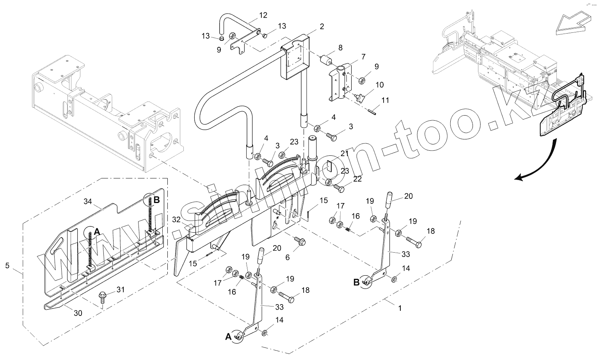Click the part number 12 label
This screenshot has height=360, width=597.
[263, 15]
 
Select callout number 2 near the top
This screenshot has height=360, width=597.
[322, 27]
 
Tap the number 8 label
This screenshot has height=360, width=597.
[340, 48]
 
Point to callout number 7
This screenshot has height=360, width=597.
[363, 57]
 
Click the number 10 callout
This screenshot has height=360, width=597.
[379, 85]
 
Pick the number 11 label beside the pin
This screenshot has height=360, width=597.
[385, 100]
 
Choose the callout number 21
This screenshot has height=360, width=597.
[344, 153]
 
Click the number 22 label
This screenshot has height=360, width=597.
[357, 179]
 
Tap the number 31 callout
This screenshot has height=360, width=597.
[121, 289]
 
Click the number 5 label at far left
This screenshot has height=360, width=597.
[7, 266]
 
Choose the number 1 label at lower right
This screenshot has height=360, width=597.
[399, 308]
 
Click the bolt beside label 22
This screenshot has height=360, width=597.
[339, 188]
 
